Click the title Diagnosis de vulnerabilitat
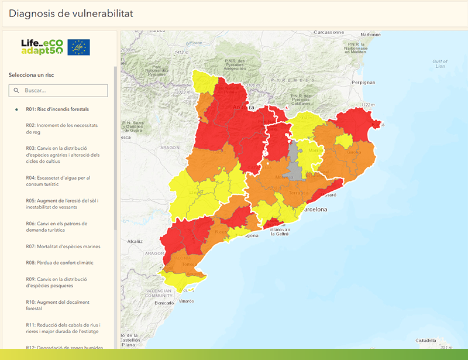(70, 13)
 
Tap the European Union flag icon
(78, 47)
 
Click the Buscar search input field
(58, 90)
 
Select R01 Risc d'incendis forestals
(61, 109)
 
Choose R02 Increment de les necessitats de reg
(61, 129)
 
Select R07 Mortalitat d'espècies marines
(63, 246)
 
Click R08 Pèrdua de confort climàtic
(60, 263)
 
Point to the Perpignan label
(363, 83)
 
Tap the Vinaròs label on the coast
(186, 301)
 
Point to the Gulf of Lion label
(439, 63)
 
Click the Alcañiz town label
(135, 241)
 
